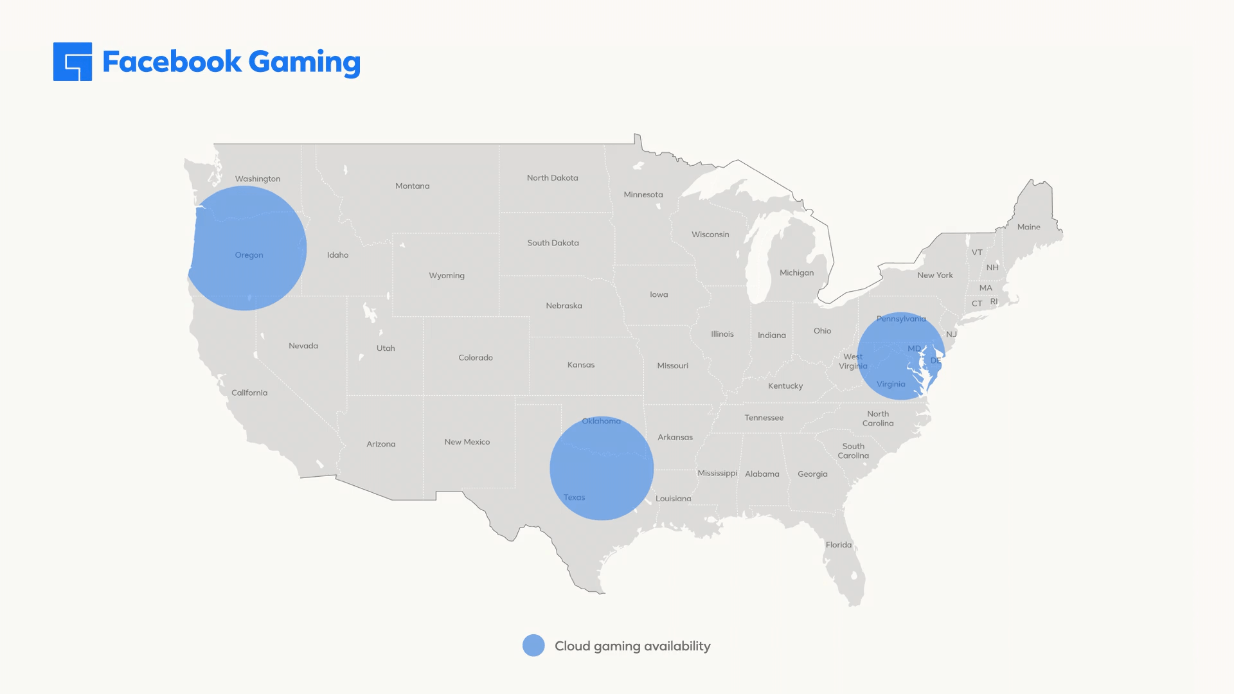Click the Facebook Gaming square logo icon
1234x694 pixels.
click(73, 62)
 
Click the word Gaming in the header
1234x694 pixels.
click(304, 62)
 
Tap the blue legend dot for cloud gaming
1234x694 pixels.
click(533, 646)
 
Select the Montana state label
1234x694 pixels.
click(413, 186)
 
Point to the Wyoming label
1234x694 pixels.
click(447, 276)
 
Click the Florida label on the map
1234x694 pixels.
click(839, 545)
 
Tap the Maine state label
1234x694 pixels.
click(1028, 227)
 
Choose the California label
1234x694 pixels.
click(249, 393)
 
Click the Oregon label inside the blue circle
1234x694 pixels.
click(249, 255)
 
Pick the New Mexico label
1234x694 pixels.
click(467, 442)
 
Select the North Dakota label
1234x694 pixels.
click(553, 178)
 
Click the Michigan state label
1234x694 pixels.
click(797, 273)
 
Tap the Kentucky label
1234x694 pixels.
click(785, 386)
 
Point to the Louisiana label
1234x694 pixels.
click(674, 499)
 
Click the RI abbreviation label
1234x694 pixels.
click(994, 301)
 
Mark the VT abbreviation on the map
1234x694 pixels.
click(977, 253)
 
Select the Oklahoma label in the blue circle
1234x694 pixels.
click(602, 422)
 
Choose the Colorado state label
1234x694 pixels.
click(476, 358)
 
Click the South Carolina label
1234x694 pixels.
click(854, 451)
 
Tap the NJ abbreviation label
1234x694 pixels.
click(952, 334)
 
